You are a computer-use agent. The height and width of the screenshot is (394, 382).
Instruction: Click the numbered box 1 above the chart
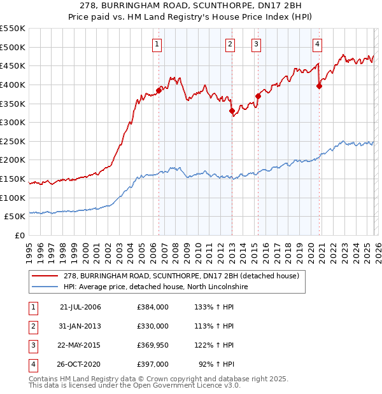coord(157,44)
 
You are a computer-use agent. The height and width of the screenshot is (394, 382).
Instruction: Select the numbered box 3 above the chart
coord(256,44)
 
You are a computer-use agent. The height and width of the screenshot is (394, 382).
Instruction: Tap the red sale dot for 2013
coord(232,111)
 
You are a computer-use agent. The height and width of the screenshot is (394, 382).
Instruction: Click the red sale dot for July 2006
coord(159,90)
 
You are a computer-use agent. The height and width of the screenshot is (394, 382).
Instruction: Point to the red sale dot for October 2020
coord(319,87)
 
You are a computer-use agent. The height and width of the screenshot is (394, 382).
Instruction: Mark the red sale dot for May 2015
coord(258,96)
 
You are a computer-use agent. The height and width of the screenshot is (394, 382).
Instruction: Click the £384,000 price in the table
coord(153,307)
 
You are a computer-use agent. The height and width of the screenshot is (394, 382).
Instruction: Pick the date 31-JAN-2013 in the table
coord(80,326)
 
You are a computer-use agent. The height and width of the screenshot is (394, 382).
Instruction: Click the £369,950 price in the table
coord(153,345)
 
